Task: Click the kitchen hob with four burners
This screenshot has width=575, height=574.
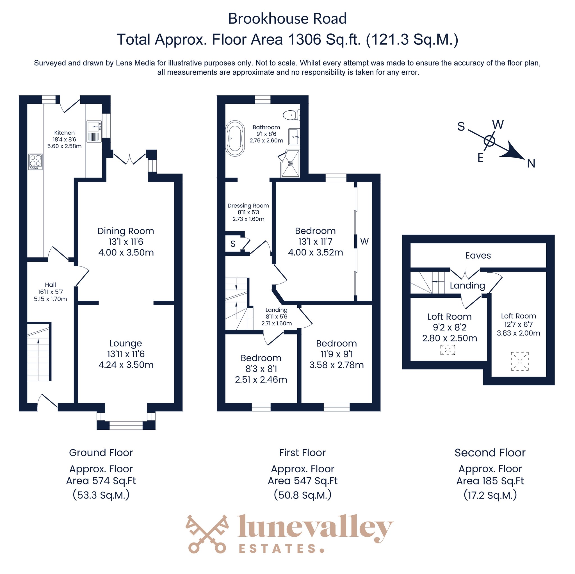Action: [x=35, y=162]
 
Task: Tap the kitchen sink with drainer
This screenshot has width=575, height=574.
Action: [x=94, y=131]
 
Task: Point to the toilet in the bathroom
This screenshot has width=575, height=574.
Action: [x=291, y=115]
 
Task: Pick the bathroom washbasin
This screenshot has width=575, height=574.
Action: [x=294, y=137]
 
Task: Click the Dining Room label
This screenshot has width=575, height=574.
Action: [x=126, y=231]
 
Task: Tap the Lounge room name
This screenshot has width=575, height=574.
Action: [x=126, y=343]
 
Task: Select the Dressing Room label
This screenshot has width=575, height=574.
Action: [x=248, y=206]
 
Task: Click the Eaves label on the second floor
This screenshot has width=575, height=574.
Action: [x=478, y=256]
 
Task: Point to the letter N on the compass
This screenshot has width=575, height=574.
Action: [x=531, y=163]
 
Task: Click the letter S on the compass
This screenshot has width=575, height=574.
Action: [x=461, y=127]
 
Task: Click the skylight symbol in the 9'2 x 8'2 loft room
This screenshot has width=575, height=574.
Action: [x=448, y=350]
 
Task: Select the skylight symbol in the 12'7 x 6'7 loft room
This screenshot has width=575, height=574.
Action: [x=520, y=361]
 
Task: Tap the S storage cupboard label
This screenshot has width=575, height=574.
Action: [x=233, y=244]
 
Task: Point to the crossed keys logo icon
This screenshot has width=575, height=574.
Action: [x=208, y=534]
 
